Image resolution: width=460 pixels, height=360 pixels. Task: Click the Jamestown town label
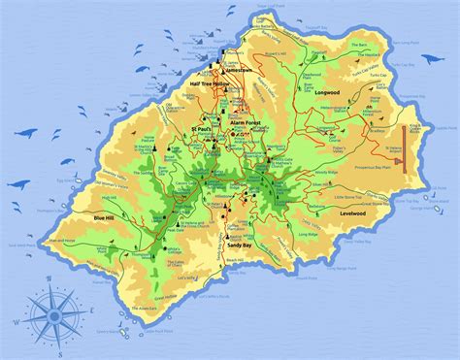point(237,71)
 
